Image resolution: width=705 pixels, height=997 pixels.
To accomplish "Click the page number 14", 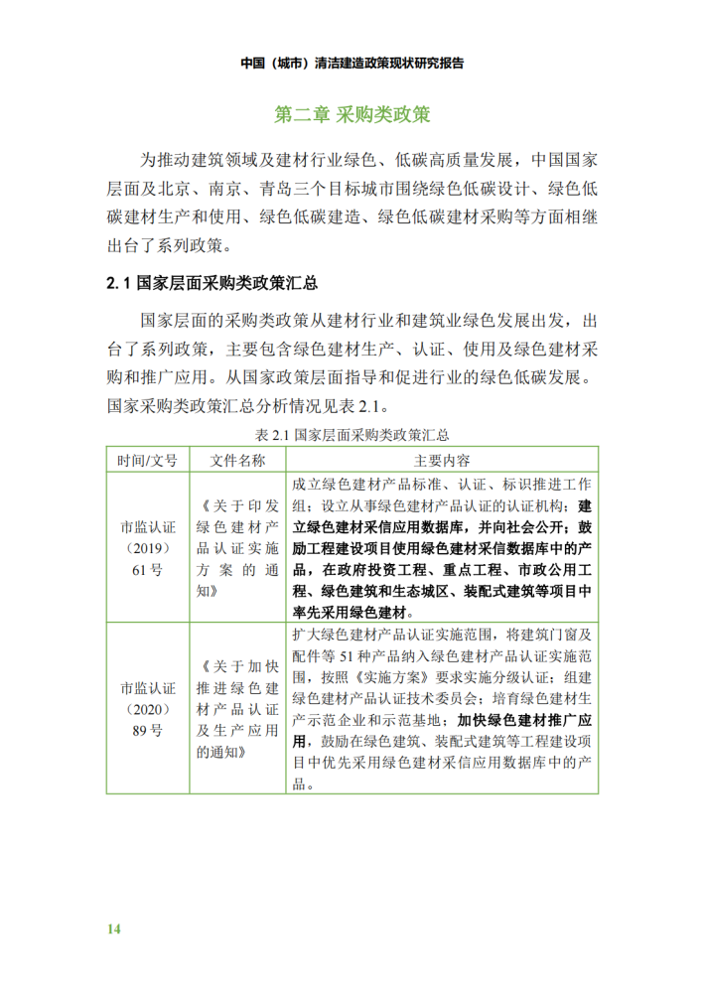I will click(x=114, y=928).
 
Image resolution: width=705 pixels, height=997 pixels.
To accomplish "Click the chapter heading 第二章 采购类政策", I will click(x=352, y=115).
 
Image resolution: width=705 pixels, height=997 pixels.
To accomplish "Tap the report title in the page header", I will click(x=352, y=62).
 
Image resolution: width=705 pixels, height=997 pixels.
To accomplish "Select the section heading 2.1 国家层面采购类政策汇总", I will click(x=211, y=284).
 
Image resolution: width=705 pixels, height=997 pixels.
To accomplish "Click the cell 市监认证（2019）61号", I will click(x=146, y=547).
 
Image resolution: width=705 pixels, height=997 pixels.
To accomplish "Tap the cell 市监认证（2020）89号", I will click(x=146, y=708).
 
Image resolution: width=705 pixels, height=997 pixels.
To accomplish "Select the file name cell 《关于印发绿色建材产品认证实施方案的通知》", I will click(x=237, y=547).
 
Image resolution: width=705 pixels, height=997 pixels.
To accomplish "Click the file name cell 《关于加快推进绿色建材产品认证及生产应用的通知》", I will click(x=237, y=708).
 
